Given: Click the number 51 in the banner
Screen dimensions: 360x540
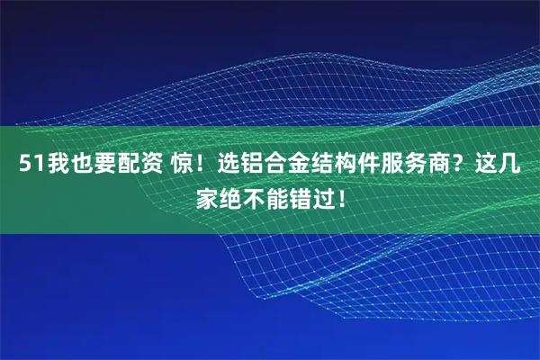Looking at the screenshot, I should click(27, 166).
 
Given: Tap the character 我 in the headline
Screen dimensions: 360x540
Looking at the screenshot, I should click(50, 166).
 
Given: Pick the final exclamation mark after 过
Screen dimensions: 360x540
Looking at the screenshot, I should click(342, 195).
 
